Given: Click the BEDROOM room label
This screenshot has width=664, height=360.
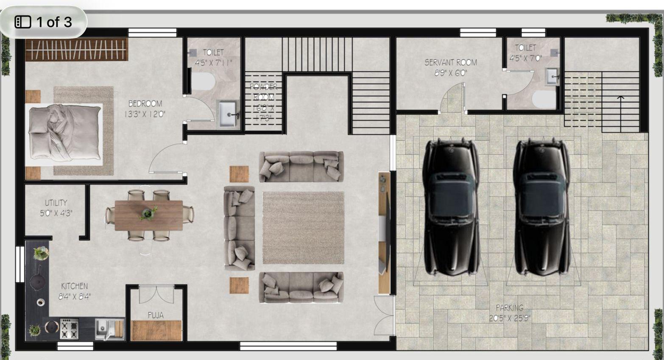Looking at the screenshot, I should click(145, 103).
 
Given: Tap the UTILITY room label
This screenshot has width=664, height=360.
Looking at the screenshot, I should click(56, 203).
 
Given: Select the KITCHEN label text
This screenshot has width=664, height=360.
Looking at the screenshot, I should click(74, 286).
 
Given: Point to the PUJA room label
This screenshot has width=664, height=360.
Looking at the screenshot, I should click(156, 315).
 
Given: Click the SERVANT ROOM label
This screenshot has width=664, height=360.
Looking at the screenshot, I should click(450, 62).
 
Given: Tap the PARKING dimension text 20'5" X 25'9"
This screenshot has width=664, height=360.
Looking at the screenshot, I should click(509, 318).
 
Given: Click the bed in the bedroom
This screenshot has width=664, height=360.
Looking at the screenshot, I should click(65, 134).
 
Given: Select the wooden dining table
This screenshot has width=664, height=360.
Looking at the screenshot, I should click(148, 215).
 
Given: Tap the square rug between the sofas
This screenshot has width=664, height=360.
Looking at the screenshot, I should click(303, 227).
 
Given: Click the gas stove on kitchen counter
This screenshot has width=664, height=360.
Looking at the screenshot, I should click(69, 329).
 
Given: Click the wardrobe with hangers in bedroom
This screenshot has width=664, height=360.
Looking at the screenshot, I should click(76, 50).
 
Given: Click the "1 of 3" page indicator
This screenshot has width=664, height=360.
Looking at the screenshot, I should click(44, 22).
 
